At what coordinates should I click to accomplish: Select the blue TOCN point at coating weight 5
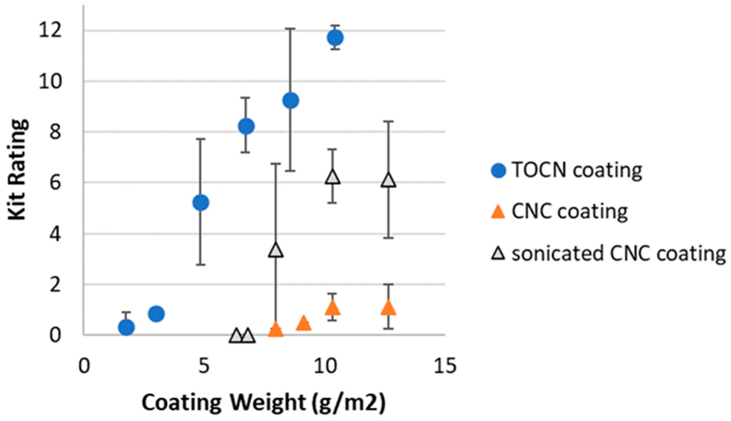pos(201,202)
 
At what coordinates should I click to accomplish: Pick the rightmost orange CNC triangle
pos(388,308)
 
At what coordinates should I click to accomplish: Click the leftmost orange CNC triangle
pos(276,330)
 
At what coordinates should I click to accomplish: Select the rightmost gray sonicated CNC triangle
pos(388,181)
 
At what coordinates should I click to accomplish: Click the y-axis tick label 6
pos(55,183)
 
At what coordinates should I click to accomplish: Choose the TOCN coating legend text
pos(577,171)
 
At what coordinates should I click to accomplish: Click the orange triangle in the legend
pos(498,212)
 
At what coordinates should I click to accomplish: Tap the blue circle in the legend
pos(498,171)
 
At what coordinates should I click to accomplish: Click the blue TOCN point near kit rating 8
pos(246,126)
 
